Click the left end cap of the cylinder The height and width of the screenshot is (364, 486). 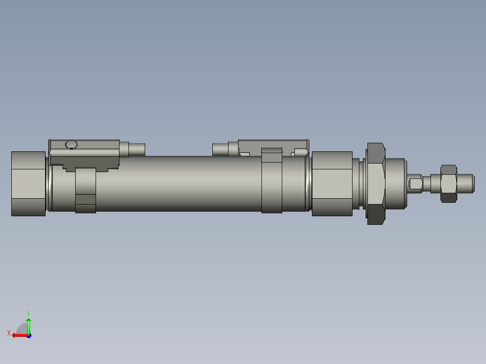28,184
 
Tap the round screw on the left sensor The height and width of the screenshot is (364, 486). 71,145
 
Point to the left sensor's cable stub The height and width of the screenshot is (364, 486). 137,149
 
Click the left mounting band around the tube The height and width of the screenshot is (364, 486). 86,189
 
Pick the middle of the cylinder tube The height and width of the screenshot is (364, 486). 180,183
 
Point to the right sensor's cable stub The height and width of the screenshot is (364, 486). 220,149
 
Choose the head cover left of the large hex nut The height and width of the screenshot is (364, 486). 332,183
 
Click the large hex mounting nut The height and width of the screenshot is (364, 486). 376,183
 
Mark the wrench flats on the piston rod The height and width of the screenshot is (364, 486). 415,184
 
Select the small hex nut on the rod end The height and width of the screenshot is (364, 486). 448,183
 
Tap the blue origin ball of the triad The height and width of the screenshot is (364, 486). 28,335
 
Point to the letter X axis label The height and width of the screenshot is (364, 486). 9,333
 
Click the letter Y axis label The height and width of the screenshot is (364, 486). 28,313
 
